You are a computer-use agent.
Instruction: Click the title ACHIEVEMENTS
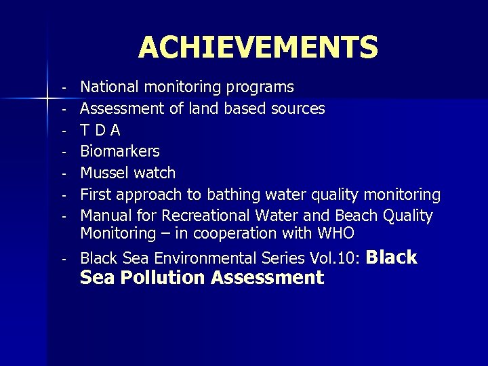pyautogui.click(x=258, y=47)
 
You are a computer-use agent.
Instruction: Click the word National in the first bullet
pyautogui.click(x=108, y=87)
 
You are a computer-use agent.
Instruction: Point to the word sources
pyautogui.click(x=298, y=108)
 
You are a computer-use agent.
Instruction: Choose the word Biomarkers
pyautogui.click(x=120, y=151)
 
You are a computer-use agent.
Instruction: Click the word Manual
pyautogui.click(x=105, y=216)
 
